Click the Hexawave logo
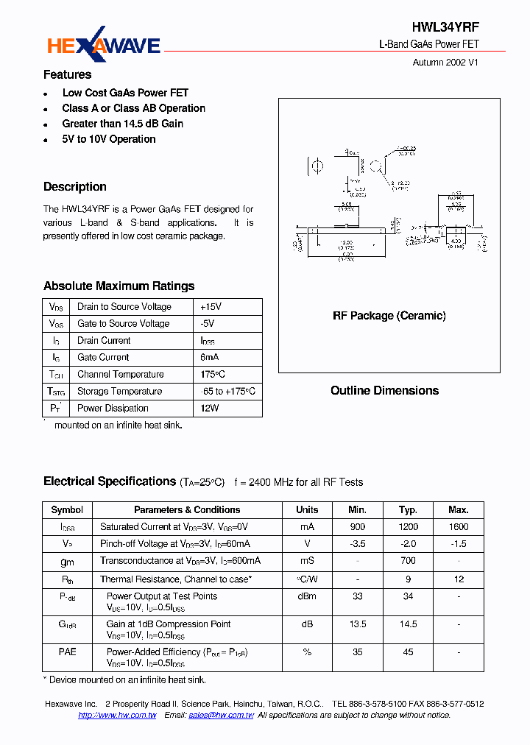[x=104, y=46]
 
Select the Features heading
[x=68, y=74]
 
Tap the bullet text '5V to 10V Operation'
[x=109, y=139]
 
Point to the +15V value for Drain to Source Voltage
[x=211, y=307]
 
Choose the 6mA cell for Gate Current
[x=210, y=358]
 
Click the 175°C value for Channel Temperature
[x=213, y=375]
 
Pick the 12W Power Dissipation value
[x=210, y=409]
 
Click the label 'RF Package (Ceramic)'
[x=389, y=316]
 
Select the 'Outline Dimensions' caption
[x=384, y=391]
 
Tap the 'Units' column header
[x=307, y=509]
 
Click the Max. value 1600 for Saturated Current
[x=458, y=526]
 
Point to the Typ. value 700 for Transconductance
[x=408, y=560]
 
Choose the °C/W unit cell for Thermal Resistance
[x=307, y=579]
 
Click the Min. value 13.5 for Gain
[x=358, y=624]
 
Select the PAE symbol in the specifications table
[x=68, y=652]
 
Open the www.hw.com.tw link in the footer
[x=117, y=716]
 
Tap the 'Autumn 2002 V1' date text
[x=446, y=63]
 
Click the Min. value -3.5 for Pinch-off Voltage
[x=358, y=543]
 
